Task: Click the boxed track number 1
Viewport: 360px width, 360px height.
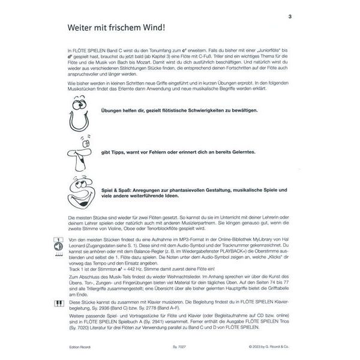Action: click(x=58, y=247)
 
